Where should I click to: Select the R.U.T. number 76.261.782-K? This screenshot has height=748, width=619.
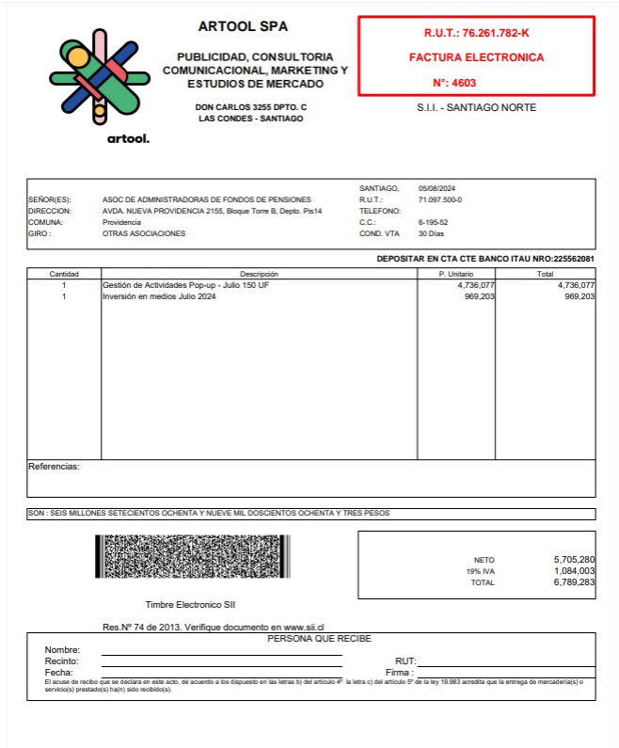coord(476,33)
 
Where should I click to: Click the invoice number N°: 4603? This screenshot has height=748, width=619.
coord(453,82)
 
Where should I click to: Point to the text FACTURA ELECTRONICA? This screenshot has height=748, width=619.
coord(476,57)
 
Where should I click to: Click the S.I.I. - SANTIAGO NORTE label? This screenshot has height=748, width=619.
coord(476,108)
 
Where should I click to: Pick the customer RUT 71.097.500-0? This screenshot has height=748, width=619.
coord(439,199)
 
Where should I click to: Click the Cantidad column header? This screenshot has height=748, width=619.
coord(64,274)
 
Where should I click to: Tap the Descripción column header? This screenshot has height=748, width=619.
coord(259,274)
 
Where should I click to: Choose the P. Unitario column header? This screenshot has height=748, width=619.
coord(456,274)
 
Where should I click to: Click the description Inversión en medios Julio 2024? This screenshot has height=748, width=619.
coord(158,296)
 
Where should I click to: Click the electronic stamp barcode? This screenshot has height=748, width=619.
coord(192,557)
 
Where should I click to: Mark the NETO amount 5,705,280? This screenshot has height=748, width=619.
coord(574,560)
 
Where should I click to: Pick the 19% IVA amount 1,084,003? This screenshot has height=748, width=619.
coord(574,571)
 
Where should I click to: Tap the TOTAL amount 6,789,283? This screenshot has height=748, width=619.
coord(574,583)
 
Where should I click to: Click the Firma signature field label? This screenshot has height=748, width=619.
coord(399,673)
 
